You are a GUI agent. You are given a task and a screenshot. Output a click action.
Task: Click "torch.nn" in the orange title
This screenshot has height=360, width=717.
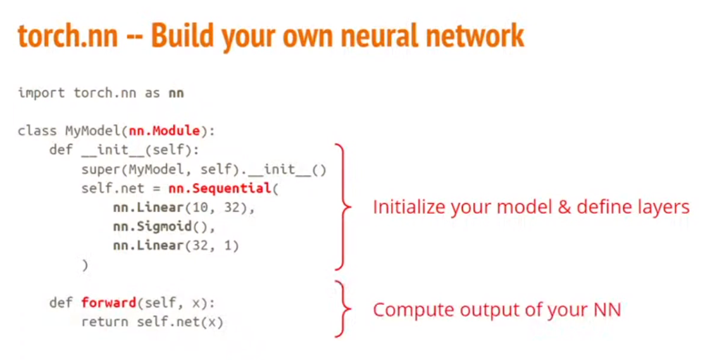click(68, 37)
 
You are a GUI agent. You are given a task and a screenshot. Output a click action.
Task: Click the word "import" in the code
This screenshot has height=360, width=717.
click(41, 93)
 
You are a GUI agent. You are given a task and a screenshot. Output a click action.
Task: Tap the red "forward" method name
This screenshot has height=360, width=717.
click(108, 302)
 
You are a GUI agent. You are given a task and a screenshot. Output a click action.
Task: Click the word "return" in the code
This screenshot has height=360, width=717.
click(104, 322)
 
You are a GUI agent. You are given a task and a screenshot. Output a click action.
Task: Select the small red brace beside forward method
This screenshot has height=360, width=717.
click(344, 309)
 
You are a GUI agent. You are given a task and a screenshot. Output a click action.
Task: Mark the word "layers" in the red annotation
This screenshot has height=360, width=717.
click(665, 208)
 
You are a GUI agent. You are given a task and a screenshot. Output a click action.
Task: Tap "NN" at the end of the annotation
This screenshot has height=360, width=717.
click(607, 310)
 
